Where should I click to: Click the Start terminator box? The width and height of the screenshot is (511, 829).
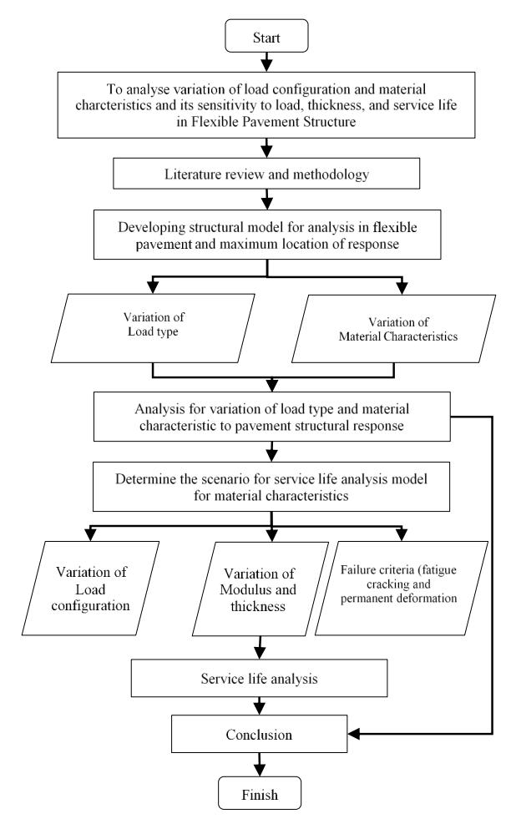tap(266, 36)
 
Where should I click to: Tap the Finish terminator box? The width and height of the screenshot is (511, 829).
tap(260, 792)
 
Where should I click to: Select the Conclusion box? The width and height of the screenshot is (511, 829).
tap(259, 734)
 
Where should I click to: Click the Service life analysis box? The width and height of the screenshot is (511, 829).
tap(259, 678)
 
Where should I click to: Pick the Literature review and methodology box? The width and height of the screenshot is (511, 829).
tap(266, 174)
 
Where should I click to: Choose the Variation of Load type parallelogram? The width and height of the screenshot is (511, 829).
tap(153, 328)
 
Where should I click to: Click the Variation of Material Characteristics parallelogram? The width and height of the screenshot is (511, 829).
tap(393, 329)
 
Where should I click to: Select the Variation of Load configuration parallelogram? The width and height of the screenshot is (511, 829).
tap(90, 588)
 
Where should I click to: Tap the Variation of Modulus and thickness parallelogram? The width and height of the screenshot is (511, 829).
tap(261, 589)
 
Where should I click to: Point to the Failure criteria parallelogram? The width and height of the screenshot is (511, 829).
tap(402, 588)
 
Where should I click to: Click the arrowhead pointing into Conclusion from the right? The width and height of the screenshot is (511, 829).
tap(353, 734)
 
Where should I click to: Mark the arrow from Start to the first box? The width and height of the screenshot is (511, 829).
tap(267, 62)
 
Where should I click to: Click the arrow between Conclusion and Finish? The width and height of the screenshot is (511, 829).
tap(259, 765)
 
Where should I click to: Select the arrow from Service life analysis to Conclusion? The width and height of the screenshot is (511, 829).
tap(259, 705)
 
